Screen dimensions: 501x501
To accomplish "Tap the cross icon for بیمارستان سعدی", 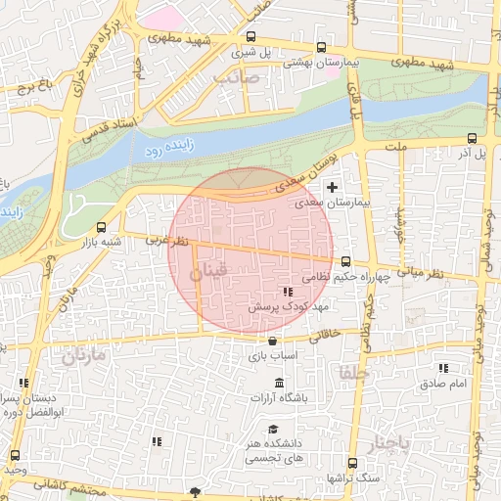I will tap(333, 186).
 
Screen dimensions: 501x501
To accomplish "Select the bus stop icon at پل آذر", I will tap(473, 138).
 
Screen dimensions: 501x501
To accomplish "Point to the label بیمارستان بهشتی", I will tap(322, 61).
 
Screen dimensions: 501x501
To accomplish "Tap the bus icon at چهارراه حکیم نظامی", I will tap(345, 260).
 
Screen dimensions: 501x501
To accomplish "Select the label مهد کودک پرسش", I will tap(279, 306).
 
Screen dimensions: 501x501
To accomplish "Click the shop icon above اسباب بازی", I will tap(272, 341).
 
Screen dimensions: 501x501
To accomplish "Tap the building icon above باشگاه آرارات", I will tap(279, 382).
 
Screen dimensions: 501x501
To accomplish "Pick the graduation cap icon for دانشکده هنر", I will tap(273, 429).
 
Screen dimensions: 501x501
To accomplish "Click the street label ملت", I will tap(395, 146).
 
